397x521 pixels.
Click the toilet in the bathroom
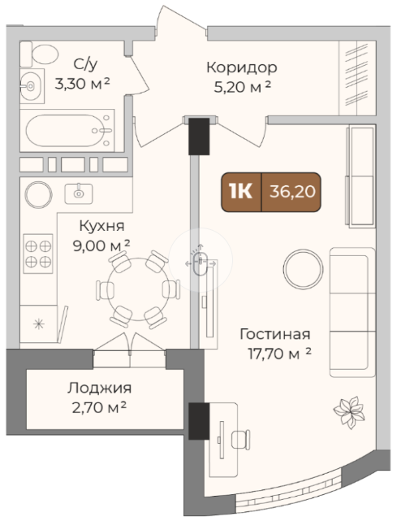pyautogui.click(x=39, y=54)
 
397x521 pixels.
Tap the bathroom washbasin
pyautogui.click(x=32, y=86)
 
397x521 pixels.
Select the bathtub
pyautogui.click(x=67, y=131)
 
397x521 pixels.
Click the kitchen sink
pyautogui.click(x=79, y=193)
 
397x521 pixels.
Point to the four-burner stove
pyautogui.click(x=38, y=254)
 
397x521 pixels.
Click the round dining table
pyautogui.click(x=138, y=289)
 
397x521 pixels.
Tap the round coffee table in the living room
pyautogui.click(x=303, y=269)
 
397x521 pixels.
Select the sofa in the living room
pyautogui.click(x=352, y=312)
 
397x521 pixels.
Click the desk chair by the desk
pyautogui.click(x=240, y=439)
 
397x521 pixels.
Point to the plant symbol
pyautogui.click(x=349, y=412)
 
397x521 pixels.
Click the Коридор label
pyautogui.click(x=242, y=67)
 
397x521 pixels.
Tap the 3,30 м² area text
pyautogui.click(x=82, y=84)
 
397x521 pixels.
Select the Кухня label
pyautogui.click(x=102, y=226)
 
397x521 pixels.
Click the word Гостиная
pyautogui.click(x=275, y=334)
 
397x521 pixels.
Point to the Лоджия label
pyautogui.click(x=100, y=388)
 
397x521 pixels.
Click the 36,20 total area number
pyautogui.click(x=292, y=192)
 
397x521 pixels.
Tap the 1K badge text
pyautogui.click(x=240, y=192)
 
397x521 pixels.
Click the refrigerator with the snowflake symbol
pyautogui.click(x=39, y=324)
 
